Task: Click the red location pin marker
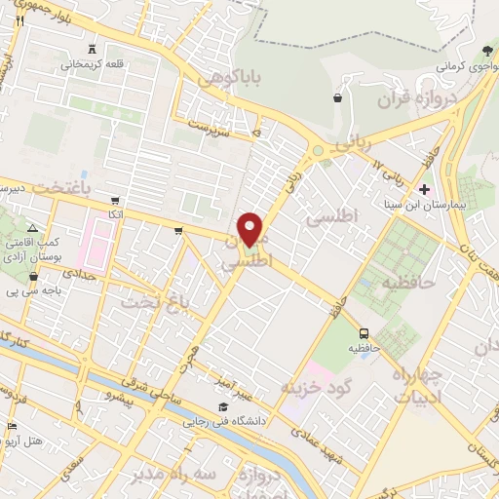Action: [250, 228]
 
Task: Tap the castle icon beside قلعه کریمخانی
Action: [93, 49]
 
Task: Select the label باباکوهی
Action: [221, 79]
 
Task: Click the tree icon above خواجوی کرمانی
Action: [487, 51]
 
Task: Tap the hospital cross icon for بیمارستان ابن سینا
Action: [423, 188]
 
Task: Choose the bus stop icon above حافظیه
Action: [363, 331]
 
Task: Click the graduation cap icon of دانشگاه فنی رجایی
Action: [223, 405]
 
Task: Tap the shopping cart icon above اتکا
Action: [115, 199]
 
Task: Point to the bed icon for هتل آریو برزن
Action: [11, 427]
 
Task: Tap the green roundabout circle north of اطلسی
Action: [318, 151]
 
